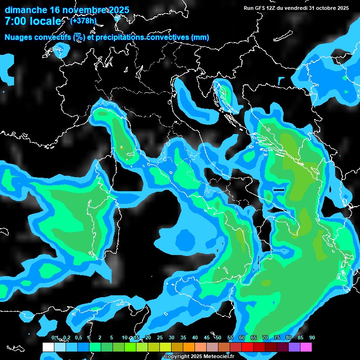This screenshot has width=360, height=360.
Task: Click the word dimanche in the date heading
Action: tap(26, 10)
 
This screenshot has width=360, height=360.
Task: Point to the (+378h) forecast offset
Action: tap(83, 21)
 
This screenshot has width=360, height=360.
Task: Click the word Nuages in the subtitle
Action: tap(20, 37)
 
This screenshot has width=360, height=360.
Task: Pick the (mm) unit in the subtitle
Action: tap(201, 37)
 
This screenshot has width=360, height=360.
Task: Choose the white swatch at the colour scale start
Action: tap(48, 347)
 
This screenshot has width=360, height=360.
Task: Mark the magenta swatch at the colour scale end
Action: tap(306, 347)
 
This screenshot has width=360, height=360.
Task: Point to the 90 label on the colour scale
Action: tap(312, 338)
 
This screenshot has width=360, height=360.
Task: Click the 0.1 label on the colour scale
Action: tap(55, 338)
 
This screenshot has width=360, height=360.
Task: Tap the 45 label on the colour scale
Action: tap(206, 338)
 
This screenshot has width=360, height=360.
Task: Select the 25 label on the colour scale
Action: tap(159, 338)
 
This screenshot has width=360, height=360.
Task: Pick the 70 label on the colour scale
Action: tap(265, 338)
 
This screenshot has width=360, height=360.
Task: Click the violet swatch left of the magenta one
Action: tap(294, 347)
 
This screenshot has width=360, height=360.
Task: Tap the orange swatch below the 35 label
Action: tap(189, 347)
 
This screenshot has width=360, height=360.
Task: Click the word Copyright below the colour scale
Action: tap(177, 357)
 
